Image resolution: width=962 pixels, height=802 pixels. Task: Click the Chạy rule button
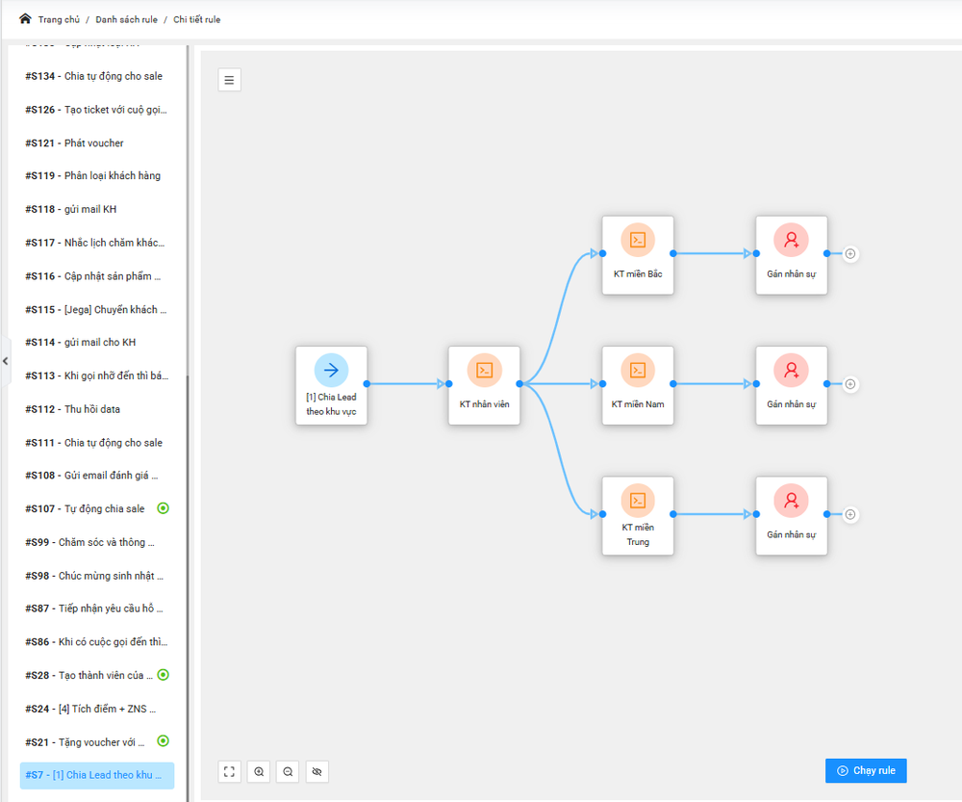point(866,770)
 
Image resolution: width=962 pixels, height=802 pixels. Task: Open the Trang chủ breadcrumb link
point(59,19)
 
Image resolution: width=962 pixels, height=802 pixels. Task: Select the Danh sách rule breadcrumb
point(126,19)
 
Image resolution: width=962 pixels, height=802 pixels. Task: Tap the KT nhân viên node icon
point(484,370)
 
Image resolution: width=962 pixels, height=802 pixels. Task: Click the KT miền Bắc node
point(638,254)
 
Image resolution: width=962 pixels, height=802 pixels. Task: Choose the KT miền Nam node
point(638,384)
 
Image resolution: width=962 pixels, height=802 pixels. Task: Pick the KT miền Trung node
point(638,514)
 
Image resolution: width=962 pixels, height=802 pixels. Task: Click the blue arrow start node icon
point(331,370)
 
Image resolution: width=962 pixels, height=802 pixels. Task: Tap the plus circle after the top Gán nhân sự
point(850,254)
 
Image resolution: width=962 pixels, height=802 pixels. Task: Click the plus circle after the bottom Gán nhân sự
point(850,514)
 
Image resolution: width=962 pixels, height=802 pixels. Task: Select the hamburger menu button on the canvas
point(229,80)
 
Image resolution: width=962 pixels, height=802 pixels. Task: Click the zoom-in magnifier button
point(259,771)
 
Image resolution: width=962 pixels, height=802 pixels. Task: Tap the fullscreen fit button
point(229,771)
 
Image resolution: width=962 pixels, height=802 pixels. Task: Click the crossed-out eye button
point(317,771)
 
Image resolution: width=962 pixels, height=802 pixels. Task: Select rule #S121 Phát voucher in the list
point(93,143)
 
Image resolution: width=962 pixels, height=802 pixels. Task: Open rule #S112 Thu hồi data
point(91,409)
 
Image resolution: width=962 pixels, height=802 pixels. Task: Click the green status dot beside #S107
point(164,508)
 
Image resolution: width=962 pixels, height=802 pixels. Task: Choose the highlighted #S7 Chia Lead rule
point(97,775)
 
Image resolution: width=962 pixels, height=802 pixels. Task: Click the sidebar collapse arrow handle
point(5,361)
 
